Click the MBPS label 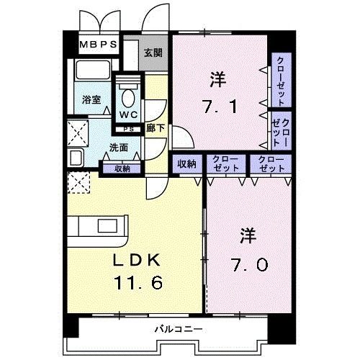(98, 45)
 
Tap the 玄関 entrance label (153, 53)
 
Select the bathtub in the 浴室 (93, 70)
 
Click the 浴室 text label (91, 99)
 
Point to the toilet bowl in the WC (128, 98)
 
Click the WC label (128, 114)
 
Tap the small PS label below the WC (129, 129)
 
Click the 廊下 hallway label (156, 128)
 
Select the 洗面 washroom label (119, 148)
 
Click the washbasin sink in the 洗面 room (76, 157)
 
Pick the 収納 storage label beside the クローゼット (186, 164)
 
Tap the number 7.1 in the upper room (220, 107)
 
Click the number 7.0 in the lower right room (250, 265)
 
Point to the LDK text (137, 260)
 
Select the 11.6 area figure (139, 282)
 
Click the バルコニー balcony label (179, 329)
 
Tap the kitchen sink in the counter (107, 226)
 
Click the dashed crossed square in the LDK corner (78, 182)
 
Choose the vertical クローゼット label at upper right (281, 81)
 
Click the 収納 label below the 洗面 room (122, 168)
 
